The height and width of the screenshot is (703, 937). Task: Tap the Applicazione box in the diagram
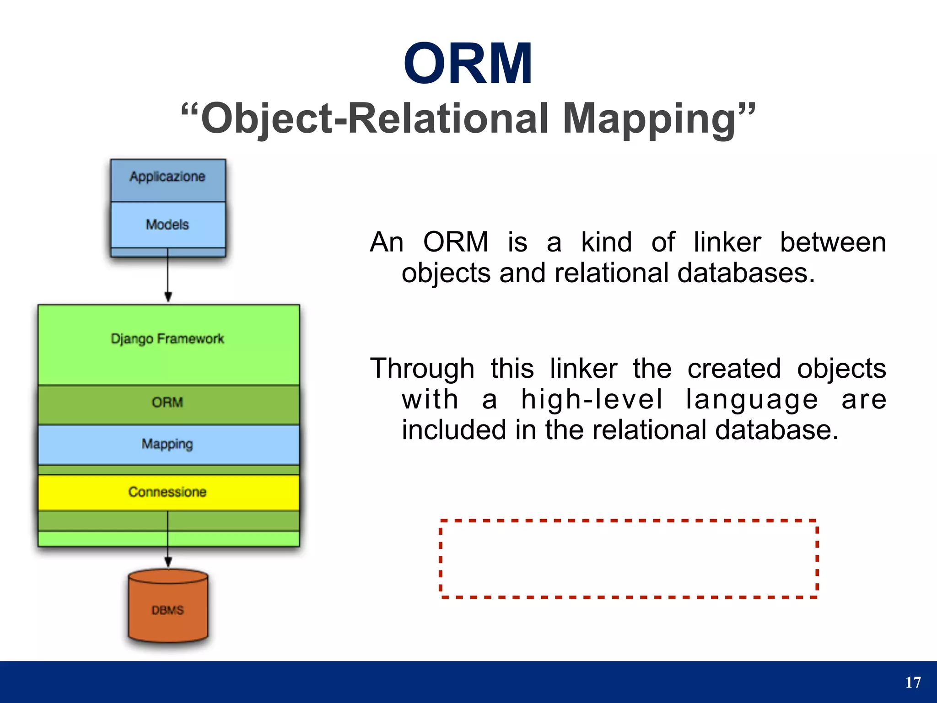[x=167, y=177]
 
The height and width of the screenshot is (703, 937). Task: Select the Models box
[x=167, y=225]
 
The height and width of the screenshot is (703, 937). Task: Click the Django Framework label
[x=167, y=339]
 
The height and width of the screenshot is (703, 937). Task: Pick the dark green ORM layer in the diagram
[x=167, y=403]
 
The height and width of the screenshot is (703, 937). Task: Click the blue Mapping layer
[x=167, y=444]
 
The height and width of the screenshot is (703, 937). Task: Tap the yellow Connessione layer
[x=167, y=492]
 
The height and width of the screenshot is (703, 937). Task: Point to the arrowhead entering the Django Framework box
[x=168, y=297]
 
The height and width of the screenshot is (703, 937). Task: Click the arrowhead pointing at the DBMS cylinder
[x=168, y=562]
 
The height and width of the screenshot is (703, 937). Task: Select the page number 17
[x=913, y=682]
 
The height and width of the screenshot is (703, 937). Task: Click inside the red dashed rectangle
[x=628, y=558]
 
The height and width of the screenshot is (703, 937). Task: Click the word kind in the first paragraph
[x=606, y=242]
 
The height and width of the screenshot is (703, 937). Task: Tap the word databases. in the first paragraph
[x=746, y=273]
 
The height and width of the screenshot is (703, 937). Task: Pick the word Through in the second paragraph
[x=422, y=368]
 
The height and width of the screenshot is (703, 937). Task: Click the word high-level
[x=592, y=399]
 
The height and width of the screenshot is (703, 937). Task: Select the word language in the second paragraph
[x=752, y=400]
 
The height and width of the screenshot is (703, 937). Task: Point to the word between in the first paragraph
[x=833, y=242]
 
